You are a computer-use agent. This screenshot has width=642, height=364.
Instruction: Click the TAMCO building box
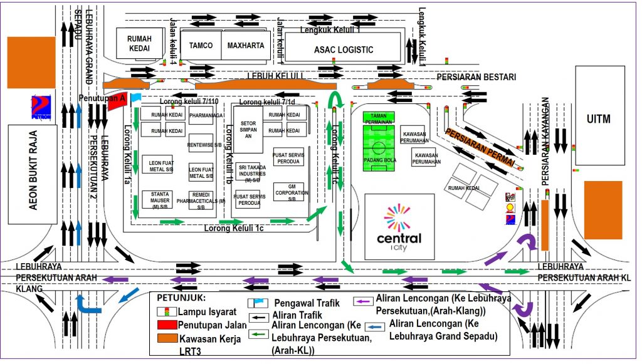click(201, 45)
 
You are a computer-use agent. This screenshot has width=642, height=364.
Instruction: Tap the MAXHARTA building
click(246, 45)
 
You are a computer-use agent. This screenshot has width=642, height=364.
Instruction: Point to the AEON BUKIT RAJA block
click(33, 174)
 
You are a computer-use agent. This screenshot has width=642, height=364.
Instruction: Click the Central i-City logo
click(399, 226)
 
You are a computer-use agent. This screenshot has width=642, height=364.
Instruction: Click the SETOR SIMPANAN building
click(248, 128)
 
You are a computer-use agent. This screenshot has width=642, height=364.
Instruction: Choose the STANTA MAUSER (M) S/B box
click(157, 199)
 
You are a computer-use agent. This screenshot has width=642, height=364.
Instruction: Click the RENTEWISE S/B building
click(201, 143)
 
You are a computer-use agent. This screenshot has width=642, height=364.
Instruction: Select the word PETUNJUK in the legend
click(181, 298)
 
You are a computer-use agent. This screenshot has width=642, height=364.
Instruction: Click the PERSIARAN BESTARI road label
click(476, 77)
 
